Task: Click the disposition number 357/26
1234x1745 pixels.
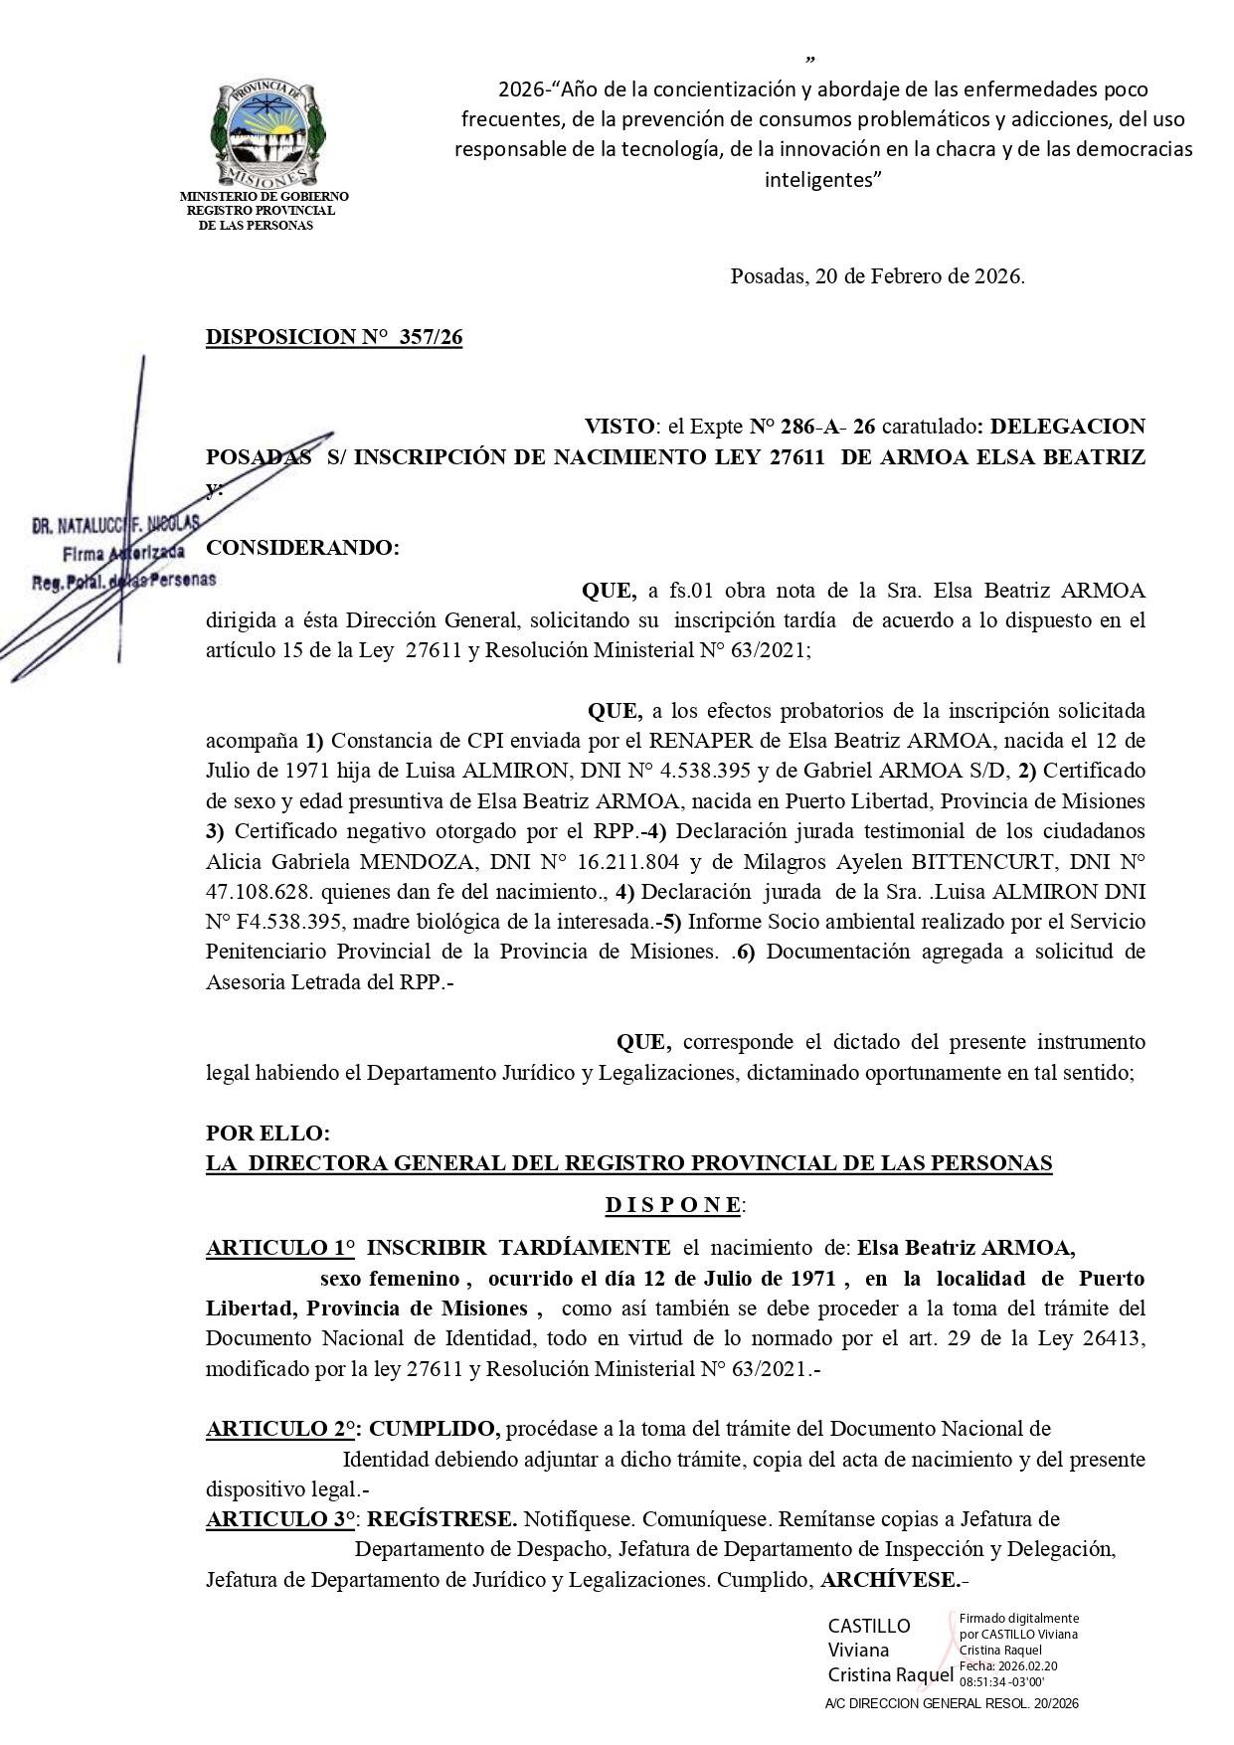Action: coord(431,338)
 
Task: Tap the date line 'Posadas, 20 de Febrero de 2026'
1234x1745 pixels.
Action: coord(877,276)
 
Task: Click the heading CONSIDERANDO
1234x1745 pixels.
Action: coord(302,548)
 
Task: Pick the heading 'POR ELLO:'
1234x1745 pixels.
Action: coord(267,1134)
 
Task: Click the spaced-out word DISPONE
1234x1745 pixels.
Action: coord(674,1205)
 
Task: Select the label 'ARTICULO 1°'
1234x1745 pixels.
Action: coord(279,1248)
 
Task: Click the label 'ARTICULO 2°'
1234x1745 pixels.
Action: coord(282,1429)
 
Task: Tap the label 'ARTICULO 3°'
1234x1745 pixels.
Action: coord(282,1519)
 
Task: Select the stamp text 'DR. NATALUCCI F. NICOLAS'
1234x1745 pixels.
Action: coord(115,524)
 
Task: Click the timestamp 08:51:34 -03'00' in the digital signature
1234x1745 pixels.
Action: coord(1001,1681)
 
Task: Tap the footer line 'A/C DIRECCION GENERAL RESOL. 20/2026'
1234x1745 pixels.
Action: coord(952,1703)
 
